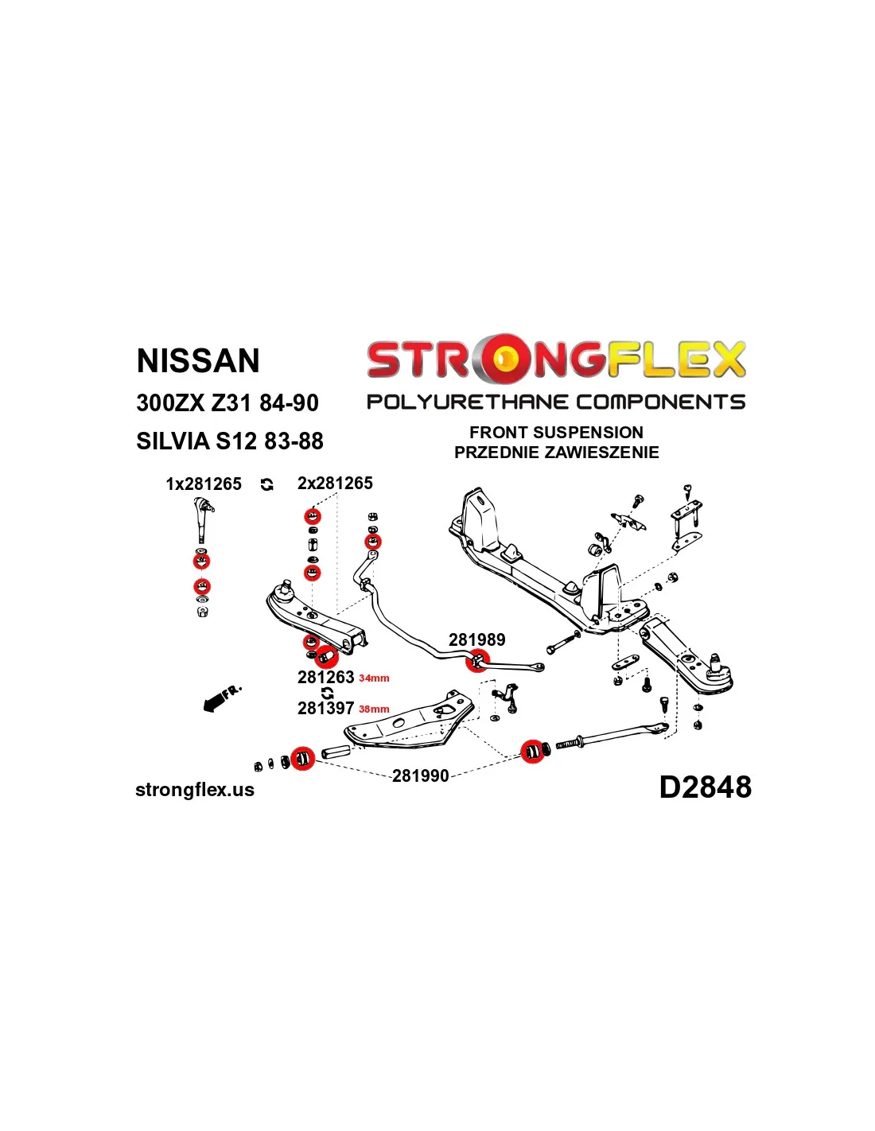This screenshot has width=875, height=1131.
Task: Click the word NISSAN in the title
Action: pyautogui.click(x=198, y=360)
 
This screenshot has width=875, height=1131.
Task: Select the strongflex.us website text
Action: pyautogui.click(x=195, y=790)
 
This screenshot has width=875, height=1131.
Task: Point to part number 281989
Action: pyautogui.click(x=476, y=639)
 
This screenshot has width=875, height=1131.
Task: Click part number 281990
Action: pyautogui.click(x=420, y=775)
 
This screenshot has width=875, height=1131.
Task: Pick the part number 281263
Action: pyautogui.click(x=326, y=677)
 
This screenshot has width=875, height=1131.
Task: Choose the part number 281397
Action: pyautogui.click(x=326, y=708)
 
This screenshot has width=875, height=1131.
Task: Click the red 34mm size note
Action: pyautogui.click(x=374, y=678)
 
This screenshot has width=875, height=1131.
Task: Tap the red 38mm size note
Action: pyautogui.click(x=374, y=709)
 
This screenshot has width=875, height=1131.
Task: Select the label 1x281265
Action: pyautogui.click(x=204, y=484)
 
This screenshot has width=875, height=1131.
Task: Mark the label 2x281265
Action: pyautogui.click(x=335, y=483)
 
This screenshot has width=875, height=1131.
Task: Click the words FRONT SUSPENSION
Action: pyautogui.click(x=557, y=433)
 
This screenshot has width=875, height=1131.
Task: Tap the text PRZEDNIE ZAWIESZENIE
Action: pyautogui.click(x=557, y=453)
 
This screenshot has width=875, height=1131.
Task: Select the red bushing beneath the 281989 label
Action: pyautogui.click(x=478, y=662)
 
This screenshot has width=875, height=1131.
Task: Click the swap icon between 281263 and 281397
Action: pyautogui.click(x=328, y=693)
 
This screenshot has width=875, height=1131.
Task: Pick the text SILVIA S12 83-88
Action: pyautogui.click(x=230, y=441)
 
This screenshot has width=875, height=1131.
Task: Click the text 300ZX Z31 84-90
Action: pyautogui.click(x=227, y=403)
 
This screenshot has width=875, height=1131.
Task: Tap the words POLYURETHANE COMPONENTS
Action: pyautogui.click(x=556, y=402)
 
